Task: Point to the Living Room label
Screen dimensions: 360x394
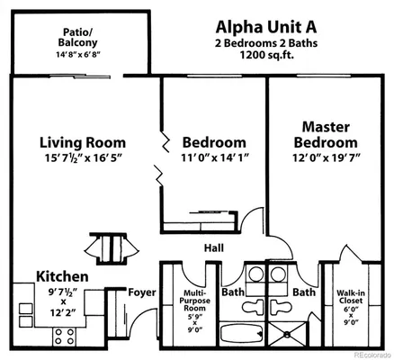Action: coord(82,142)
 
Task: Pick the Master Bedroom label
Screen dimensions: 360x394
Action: coord(326,134)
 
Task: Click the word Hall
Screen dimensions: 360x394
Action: coord(213,249)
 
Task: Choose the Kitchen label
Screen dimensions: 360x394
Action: coord(62,276)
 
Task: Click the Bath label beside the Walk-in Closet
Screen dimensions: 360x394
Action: coord(303,292)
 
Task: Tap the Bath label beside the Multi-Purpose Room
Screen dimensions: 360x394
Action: coord(233,292)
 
